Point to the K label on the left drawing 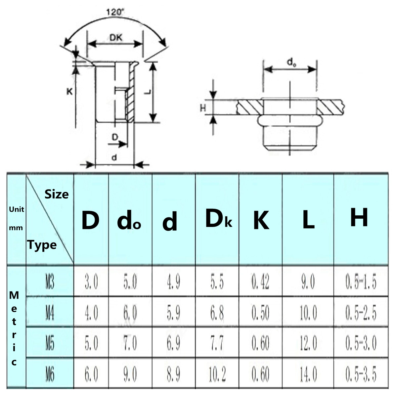pyautogui.click(x=69, y=91)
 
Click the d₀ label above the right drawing pyautogui.click(x=291, y=62)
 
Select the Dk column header pyautogui.click(x=218, y=219)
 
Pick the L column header pyautogui.click(x=308, y=220)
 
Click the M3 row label pyautogui.click(x=50, y=282)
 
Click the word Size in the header pyautogui.click(x=57, y=194)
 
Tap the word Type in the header pyautogui.click(x=42, y=245)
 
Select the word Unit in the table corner pyautogui.click(x=16, y=209)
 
